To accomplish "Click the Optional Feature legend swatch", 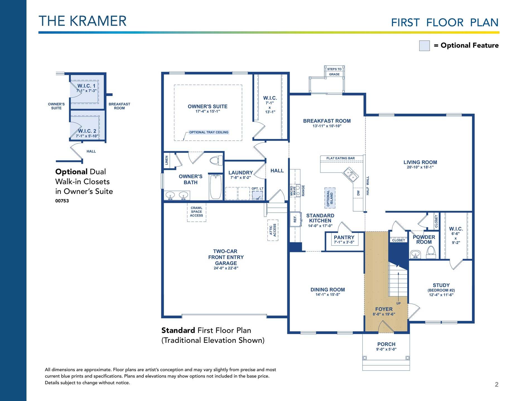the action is [424, 46].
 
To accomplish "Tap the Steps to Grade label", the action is [334, 72].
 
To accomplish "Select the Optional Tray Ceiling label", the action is [209, 132].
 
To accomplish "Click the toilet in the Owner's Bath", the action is [216, 161].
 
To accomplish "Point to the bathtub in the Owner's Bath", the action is [216, 187].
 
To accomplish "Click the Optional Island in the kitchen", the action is [330, 198].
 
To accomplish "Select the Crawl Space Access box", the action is [197, 212].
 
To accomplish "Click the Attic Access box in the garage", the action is [273, 230].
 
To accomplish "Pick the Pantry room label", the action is [344, 237].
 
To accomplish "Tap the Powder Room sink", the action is [415, 254].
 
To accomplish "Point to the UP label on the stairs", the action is [398, 303].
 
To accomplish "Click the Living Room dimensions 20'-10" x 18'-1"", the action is [420, 167].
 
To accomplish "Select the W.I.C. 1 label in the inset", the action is [86, 86].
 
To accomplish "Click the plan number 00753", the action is [62, 201].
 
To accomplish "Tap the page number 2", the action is [497, 385].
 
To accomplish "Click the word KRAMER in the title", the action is [98, 21].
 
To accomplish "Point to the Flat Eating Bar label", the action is [341, 158].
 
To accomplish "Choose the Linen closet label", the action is [167, 160].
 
